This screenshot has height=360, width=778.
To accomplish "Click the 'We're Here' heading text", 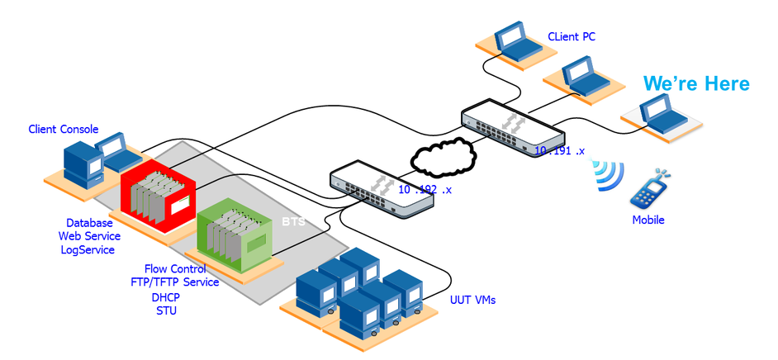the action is pos(696,83).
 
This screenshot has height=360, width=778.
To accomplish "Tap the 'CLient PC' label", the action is pos(572,36).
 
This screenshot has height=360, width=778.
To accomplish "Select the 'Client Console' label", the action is pos(64,129).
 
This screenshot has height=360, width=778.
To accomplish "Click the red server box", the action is pos(159,192).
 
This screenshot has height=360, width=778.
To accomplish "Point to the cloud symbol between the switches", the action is pos(443,157).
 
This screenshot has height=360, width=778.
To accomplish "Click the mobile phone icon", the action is pos(650,188).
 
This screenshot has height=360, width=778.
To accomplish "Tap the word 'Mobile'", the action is pos(648,220).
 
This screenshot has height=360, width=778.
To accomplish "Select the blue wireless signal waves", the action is pos(609,174).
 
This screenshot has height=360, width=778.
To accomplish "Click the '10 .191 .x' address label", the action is pos(559,151).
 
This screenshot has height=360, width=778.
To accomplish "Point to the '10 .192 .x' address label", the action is pos(425,189).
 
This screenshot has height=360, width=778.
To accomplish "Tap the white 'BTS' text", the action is pos(293,221).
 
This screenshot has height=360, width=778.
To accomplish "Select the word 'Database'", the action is pos(89,223).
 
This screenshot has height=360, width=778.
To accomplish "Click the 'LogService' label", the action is pos(88,250).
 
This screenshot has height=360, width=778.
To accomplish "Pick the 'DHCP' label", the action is pos(166,298).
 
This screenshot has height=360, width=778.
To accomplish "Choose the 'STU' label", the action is pos(166,311).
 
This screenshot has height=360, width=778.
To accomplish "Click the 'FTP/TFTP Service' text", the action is pos(174,282).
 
